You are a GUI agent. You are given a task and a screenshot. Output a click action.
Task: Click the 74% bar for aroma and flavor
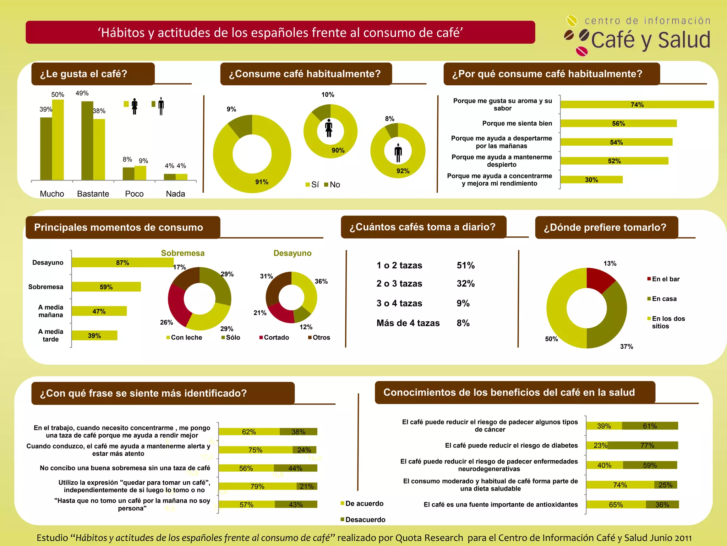[637, 105]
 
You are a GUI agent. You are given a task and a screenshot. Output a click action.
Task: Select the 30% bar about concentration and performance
[591, 180]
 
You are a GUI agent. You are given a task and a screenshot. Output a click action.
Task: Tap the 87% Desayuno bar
[122, 263]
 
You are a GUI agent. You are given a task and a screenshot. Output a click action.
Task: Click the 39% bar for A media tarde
[94, 336]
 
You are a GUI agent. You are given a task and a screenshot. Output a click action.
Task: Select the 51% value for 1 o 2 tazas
[465, 266]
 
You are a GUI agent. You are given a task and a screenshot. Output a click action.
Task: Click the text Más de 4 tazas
[408, 323]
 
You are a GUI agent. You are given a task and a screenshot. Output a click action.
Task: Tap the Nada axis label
[175, 194]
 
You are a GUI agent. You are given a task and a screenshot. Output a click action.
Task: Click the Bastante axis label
[93, 194]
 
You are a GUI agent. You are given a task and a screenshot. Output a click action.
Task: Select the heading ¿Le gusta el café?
[84, 74]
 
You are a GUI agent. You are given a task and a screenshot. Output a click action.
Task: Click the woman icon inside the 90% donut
[329, 128]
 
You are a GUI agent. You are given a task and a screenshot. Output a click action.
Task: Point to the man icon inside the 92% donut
[398, 153]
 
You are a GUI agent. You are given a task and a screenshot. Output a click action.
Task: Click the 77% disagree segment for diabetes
[647, 445]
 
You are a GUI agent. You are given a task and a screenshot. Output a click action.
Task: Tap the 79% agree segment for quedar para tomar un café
[257, 486]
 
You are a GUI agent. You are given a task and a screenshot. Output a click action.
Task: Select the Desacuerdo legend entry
[365, 520]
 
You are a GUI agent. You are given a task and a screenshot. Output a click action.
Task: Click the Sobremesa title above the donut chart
[183, 253]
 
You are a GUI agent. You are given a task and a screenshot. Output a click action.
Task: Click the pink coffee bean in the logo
[581, 51]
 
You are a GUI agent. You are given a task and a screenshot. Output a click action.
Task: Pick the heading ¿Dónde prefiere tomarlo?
[605, 227]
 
